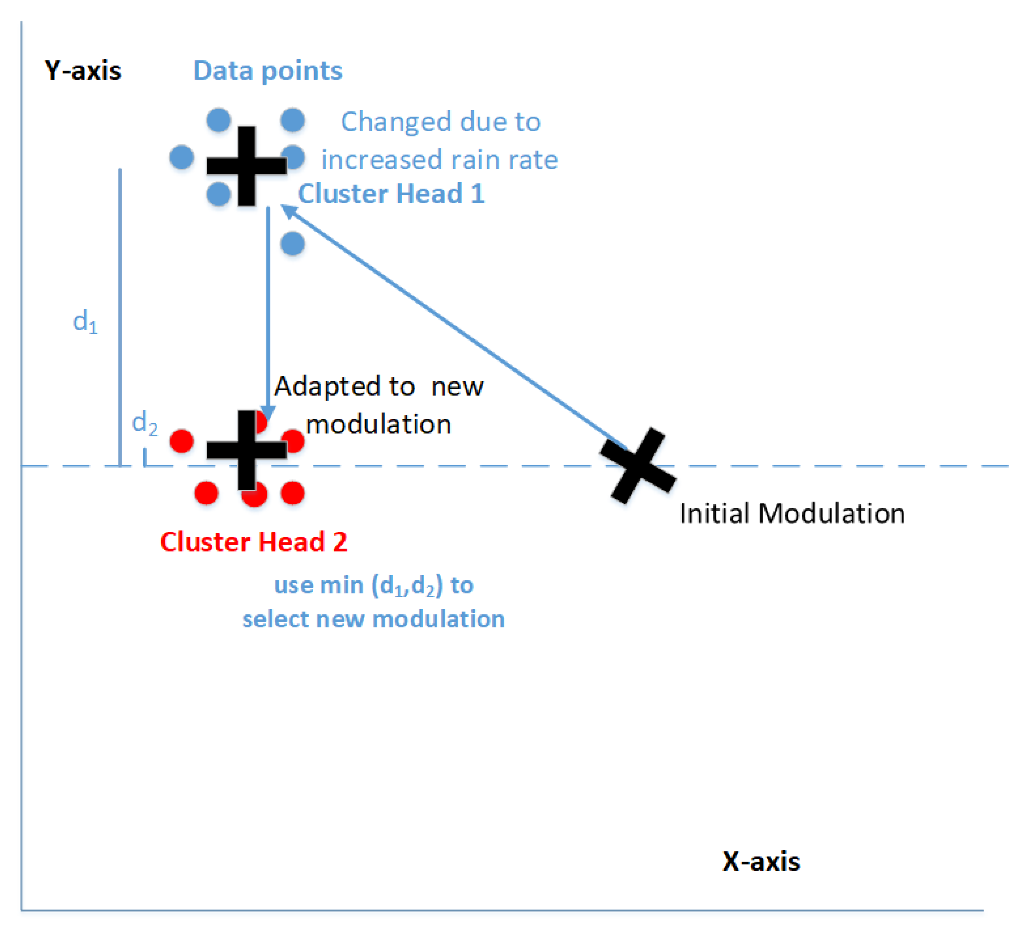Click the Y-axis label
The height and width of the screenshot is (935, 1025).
click(x=83, y=71)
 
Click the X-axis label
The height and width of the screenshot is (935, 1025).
click(x=761, y=861)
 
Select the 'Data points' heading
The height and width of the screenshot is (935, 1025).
click(x=268, y=71)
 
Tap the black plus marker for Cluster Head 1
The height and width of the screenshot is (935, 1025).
click(x=246, y=166)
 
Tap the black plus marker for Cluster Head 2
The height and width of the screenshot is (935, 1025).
click(x=246, y=450)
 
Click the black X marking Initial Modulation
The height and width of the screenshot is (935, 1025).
click(x=638, y=465)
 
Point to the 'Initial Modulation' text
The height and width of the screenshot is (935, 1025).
click(x=792, y=513)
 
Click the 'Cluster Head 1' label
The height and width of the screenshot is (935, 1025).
click(x=391, y=194)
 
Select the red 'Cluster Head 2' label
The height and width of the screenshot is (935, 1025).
click(x=254, y=542)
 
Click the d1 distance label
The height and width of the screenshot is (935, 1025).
click(x=85, y=321)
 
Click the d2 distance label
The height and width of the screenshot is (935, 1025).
click(x=144, y=423)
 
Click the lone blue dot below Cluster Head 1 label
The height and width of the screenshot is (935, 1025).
click(x=293, y=244)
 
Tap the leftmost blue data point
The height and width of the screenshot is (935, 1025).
click(x=182, y=157)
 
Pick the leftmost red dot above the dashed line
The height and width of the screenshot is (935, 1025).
click(x=182, y=441)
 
